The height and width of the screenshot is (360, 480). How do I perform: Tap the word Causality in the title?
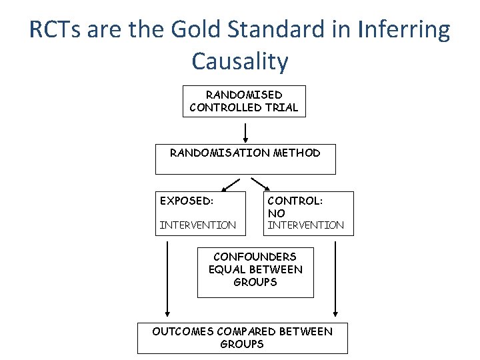[240, 61]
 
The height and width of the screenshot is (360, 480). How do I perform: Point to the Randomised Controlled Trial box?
[244, 101]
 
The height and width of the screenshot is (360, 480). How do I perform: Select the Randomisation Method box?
[245, 159]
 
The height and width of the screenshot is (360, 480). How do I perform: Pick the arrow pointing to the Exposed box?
[231, 183]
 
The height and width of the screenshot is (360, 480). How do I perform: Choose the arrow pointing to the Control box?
[259, 183]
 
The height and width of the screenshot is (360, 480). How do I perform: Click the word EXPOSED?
[186, 200]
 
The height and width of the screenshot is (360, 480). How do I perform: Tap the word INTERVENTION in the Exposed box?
[197, 225]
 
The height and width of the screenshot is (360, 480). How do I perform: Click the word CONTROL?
[295, 200]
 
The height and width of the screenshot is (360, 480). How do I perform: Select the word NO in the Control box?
[276, 213]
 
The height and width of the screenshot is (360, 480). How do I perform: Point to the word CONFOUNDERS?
[255, 257]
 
